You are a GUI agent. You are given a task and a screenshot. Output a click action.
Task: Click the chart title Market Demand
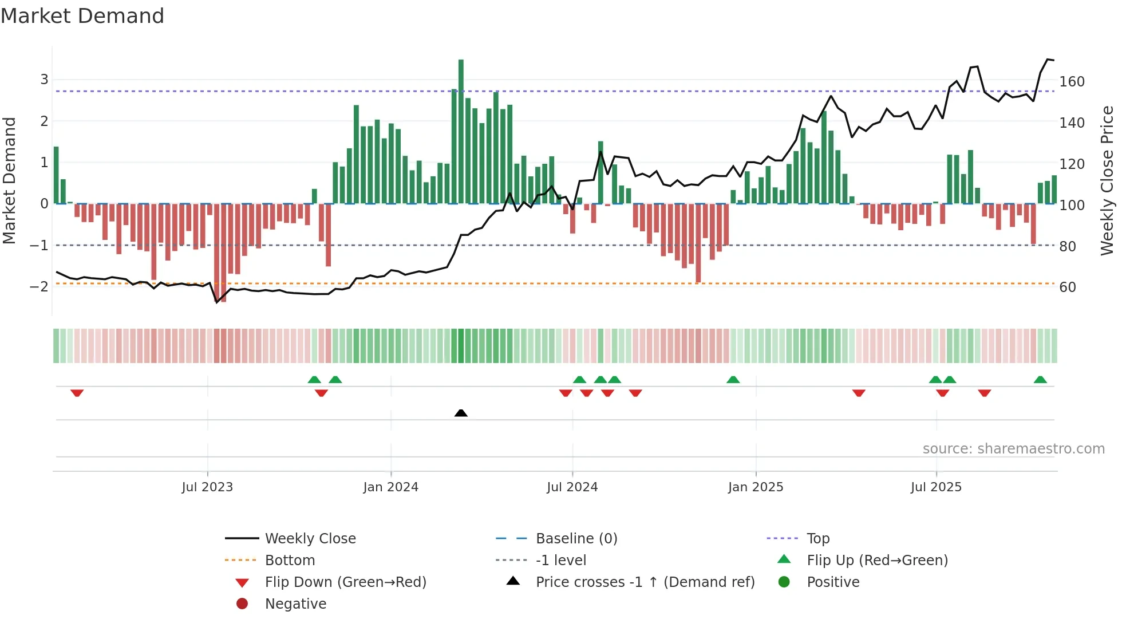point(82,15)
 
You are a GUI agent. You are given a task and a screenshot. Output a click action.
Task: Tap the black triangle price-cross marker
point(461,413)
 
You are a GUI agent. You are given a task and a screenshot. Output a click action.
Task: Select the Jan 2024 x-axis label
point(391,487)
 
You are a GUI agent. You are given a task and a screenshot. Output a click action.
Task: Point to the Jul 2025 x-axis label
point(936,487)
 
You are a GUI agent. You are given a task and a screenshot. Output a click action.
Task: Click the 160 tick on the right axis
point(1072,82)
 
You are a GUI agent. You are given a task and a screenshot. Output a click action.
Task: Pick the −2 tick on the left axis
point(39,286)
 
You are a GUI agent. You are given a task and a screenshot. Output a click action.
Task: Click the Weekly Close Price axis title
point(1107,180)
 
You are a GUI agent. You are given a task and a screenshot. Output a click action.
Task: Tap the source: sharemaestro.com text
point(1013,449)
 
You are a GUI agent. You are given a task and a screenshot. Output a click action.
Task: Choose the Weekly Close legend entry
point(310,539)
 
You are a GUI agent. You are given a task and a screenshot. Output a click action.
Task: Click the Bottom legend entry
point(290,561)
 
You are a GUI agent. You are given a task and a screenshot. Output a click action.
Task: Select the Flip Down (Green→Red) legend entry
point(345,582)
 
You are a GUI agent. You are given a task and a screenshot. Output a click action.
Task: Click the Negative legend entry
point(295,604)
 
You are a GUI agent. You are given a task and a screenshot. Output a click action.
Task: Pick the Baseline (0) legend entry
point(576,539)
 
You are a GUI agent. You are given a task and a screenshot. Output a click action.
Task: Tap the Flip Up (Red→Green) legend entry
point(877,561)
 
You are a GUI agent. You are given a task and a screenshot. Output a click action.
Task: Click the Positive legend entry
point(833,582)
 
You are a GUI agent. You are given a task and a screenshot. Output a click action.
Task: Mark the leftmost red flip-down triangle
point(77,393)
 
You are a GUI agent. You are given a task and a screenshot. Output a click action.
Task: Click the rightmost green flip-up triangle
point(1040,380)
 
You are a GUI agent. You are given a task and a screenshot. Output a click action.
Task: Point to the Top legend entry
point(818,539)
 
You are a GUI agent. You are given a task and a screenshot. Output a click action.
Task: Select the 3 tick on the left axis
point(44,80)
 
